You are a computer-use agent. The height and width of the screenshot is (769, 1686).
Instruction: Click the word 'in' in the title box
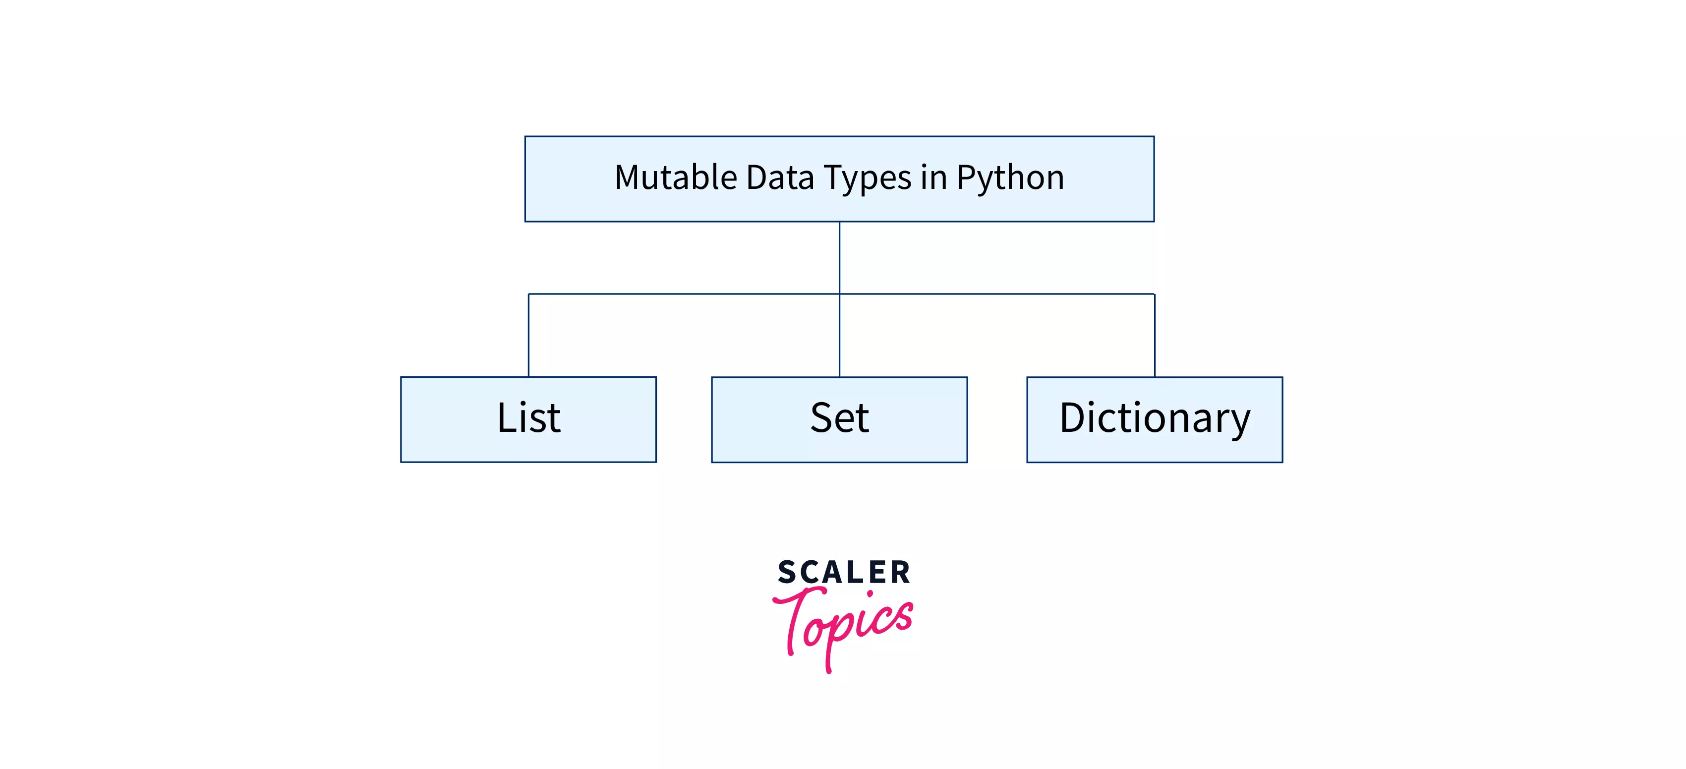(x=933, y=177)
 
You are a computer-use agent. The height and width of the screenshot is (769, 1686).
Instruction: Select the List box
(x=528, y=419)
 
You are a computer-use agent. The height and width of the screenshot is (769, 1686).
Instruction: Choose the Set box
(x=839, y=419)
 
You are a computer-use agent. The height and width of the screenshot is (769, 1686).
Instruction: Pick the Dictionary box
(x=1155, y=419)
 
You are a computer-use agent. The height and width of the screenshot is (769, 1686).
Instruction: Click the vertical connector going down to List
(x=529, y=335)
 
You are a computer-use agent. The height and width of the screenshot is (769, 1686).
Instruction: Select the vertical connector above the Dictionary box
(x=1155, y=335)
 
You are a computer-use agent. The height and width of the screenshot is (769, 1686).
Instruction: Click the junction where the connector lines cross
(x=840, y=294)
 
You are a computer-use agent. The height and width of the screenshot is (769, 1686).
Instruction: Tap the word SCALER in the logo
(x=844, y=572)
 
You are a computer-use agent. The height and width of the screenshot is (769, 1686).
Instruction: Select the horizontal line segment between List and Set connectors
(x=684, y=294)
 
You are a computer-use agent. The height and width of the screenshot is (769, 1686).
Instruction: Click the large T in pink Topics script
(x=797, y=615)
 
